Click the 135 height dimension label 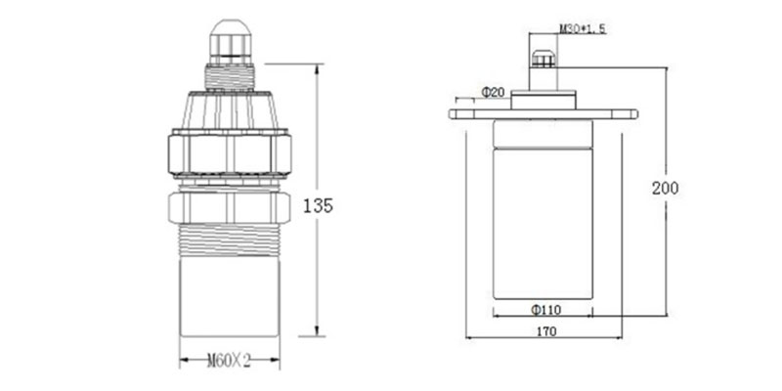pos(319,205)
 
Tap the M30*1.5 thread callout pos(583,29)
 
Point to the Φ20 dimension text pos(494,92)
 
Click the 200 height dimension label pos(666,188)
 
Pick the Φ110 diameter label pos(545,310)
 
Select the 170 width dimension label pos(547,331)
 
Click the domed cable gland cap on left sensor pos(230,42)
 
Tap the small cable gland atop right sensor pos(543,59)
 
